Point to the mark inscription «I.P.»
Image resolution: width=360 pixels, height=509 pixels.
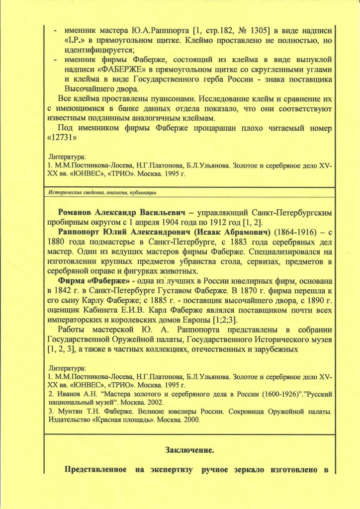point(75,39)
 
